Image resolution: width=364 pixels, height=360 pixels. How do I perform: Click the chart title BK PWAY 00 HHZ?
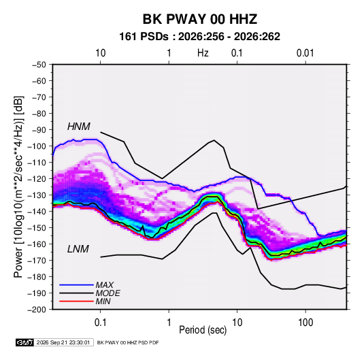199,19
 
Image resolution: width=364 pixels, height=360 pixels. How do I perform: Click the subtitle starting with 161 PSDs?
199,37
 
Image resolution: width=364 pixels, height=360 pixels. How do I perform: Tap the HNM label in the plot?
79,127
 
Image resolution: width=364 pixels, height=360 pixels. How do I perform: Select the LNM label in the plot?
78,249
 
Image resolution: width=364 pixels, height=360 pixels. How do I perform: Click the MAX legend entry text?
105,285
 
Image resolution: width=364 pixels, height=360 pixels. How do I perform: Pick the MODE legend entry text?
108,293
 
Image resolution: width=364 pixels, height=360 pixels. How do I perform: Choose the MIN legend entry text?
103,301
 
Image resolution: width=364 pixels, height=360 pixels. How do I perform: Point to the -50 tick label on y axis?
39,65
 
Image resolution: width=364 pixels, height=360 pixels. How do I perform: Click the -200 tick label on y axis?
37,310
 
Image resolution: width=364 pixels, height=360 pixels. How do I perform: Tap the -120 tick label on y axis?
37,179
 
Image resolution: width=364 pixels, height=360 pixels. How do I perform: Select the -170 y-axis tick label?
37,261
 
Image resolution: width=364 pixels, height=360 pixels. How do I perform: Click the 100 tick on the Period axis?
305,323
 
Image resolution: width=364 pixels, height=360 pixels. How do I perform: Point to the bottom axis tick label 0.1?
100,323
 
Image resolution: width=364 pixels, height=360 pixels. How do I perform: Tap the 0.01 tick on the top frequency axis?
305,53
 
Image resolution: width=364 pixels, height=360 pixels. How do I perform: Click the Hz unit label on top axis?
203,53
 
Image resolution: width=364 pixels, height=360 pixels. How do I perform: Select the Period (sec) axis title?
203,330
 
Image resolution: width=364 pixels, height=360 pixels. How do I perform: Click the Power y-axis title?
18,187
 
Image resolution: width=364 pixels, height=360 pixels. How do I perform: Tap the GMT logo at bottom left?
25,342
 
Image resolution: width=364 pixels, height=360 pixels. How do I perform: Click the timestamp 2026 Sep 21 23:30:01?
63,342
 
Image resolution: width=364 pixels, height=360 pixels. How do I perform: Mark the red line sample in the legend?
76,301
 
